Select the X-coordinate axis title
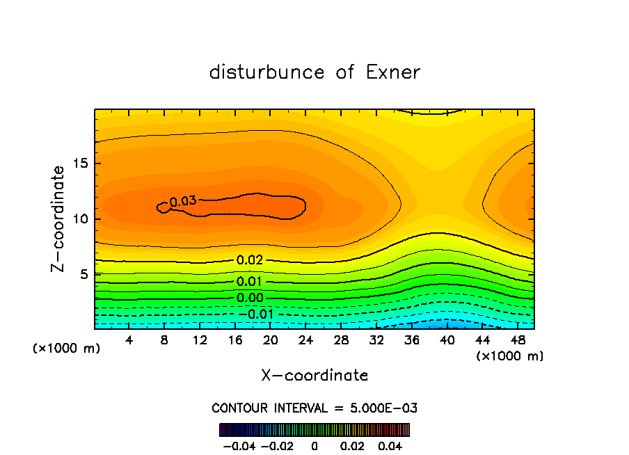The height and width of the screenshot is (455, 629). click(314, 376)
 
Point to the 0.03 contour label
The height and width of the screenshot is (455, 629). click(183, 201)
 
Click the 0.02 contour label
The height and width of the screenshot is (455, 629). click(249, 260)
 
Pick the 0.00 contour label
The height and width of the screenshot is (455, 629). click(249, 298)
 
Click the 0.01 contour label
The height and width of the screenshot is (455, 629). click(249, 282)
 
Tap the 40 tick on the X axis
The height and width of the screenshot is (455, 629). click(447, 340)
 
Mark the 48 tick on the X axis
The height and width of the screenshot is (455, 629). click(517, 340)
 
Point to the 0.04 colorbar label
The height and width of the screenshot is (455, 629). click(391, 445)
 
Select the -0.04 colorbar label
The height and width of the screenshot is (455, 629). click(238, 445)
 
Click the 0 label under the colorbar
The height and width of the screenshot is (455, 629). click(314, 445)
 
